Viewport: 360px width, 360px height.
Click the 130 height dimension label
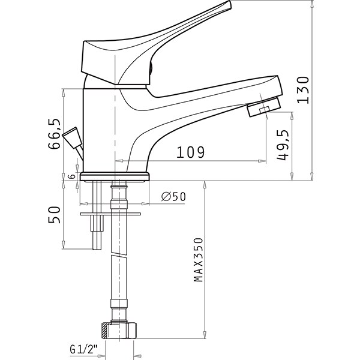(303, 90)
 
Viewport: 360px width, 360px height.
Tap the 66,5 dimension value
(55, 134)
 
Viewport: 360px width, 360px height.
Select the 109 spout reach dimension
(190, 152)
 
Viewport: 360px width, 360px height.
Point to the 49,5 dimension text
(282, 145)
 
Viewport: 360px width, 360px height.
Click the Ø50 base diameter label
(173, 197)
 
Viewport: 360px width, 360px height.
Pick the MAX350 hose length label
(199, 260)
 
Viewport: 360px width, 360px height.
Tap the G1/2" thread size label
(84, 349)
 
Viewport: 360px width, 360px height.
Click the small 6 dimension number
(73, 176)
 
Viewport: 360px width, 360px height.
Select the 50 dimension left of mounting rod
(54, 215)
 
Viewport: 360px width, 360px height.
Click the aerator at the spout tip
(264, 107)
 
